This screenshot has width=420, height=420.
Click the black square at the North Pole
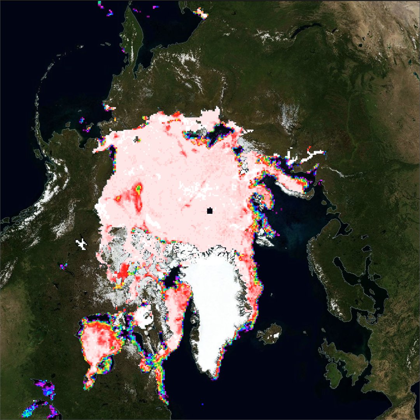point(210,211)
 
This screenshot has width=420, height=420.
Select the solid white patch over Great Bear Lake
point(81,243)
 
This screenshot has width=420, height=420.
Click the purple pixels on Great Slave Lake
point(63,266)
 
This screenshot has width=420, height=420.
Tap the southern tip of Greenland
point(213,376)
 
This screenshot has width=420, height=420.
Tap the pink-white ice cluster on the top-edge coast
point(201,12)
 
